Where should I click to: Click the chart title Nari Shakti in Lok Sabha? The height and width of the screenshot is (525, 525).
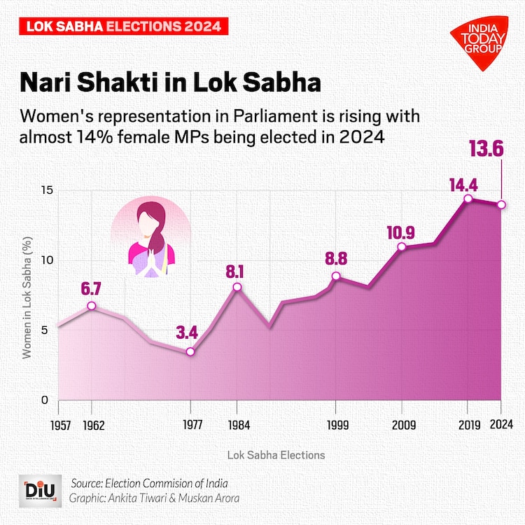[x=170, y=83]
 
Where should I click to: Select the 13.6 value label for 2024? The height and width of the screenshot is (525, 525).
[x=502, y=148]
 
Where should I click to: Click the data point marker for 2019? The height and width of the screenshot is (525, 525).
[x=468, y=199]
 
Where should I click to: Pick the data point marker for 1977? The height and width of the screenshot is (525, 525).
[x=190, y=351]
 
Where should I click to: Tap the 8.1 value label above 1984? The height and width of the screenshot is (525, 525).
[x=237, y=269]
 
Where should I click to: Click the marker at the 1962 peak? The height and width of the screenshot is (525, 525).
[x=92, y=306]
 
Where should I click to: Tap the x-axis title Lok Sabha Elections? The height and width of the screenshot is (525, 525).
[x=276, y=455]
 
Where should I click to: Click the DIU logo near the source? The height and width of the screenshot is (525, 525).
[x=36, y=490]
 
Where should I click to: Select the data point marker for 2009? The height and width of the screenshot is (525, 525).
[x=402, y=246]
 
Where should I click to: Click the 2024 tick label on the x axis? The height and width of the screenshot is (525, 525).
[x=502, y=425]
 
